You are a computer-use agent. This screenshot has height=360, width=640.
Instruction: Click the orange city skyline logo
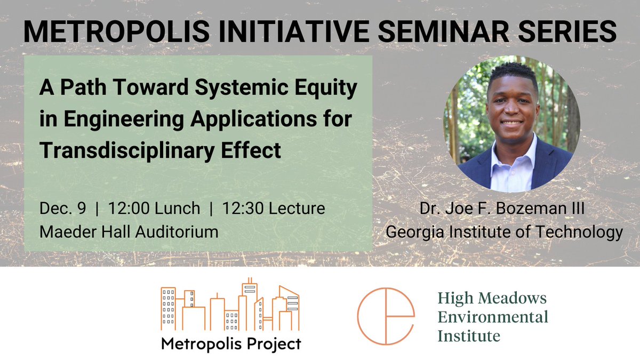(x=230, y=306)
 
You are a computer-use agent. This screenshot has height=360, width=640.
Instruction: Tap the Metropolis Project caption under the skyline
(x=230, y=343)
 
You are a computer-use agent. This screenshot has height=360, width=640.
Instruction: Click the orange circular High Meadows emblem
(x=386, y=316)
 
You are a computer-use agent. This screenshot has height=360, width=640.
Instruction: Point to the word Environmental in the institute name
(x=493, y=317)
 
